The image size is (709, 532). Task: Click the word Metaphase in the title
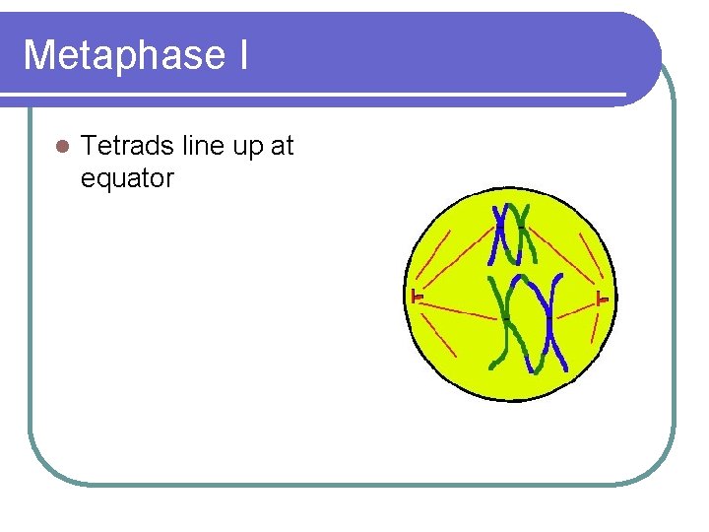(122, 55)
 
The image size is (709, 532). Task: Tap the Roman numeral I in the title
(242, 55)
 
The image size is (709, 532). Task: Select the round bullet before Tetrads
(62, 147)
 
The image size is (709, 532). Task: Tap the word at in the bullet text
(283, 147)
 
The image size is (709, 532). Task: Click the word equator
(128, 178)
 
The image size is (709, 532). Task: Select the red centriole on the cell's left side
(417, 296)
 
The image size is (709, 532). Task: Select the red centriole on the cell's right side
(601, 298)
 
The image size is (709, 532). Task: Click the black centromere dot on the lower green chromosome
(506, 318)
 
